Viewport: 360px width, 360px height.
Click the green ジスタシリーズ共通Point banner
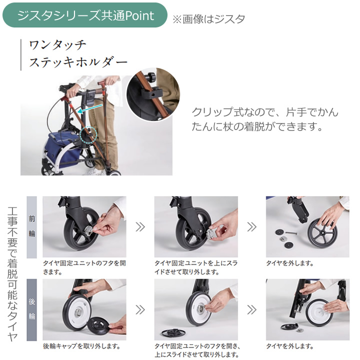pos(84,15)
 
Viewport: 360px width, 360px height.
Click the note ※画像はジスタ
pos(209,19)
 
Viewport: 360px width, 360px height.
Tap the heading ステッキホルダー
pos(78,62)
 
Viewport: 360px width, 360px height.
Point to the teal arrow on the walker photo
pos(90,108)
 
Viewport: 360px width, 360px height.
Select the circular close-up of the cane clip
pos(153,94)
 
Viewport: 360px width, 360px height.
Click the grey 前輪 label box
pos(31,227)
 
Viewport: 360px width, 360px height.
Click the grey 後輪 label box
pos(31,309)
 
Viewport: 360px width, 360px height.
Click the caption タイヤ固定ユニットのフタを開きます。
pos(84,267)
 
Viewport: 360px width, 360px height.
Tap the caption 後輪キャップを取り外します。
pos(81,346)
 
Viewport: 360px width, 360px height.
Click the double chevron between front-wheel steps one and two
pos(140,227)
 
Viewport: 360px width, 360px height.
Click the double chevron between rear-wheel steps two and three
pos(251,309)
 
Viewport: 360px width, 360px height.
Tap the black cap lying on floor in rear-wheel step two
pos(173,332)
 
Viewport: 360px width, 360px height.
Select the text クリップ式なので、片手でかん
pos(265,112)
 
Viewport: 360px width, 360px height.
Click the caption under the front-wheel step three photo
pos(289,263)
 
